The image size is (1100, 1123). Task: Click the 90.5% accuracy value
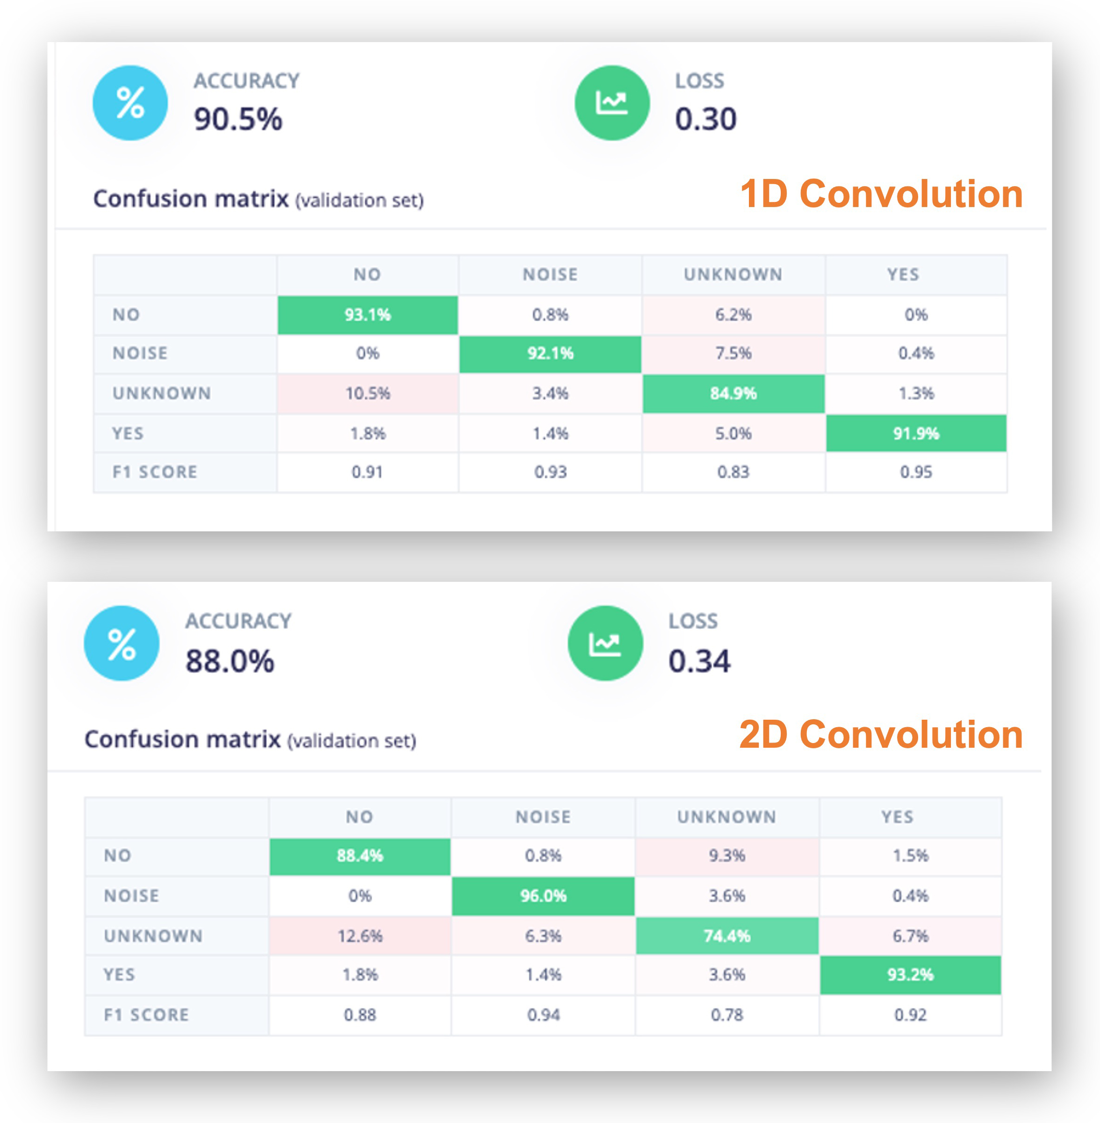(x=238, y=120)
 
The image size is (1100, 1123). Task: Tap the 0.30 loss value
(x=705, y=120)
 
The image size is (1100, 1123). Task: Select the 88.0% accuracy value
(x=230, y=661)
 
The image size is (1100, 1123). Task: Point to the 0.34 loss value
(x=699, y=661)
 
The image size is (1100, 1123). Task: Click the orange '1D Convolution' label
(x=881, y=193)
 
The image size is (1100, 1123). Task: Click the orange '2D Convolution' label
(x=881, y=735)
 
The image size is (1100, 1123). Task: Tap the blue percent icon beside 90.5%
(x=130, y=103)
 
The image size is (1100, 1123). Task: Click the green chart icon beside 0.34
(x=605, y=643)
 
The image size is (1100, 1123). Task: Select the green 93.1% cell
(x=367, y=315)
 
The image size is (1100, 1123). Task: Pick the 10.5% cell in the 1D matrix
(x=367, y=393)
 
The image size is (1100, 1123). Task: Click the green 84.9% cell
(x=733, y=393)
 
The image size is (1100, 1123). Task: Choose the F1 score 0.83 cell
(x=733, y=472)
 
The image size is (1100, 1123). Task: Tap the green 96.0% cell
(x=543, y=896)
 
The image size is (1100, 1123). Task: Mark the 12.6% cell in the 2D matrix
(x=360, y=936)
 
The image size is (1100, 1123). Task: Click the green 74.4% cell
(x=727, y=936)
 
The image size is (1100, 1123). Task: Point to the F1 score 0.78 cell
(x=727, y=1015)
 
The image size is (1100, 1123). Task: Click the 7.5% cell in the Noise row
(x=733, y=353)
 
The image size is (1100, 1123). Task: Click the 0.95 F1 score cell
(x=916, y=472)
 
